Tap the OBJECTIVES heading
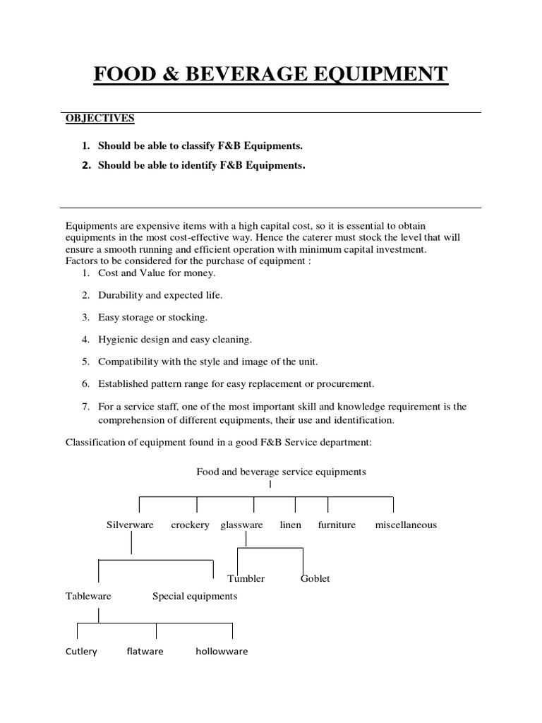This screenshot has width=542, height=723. pos(100,118)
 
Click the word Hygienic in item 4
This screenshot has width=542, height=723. pos(117,340)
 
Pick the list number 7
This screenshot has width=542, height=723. pos(85,407)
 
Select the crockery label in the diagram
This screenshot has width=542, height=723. pos(190,525)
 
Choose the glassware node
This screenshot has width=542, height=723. pos(241,525)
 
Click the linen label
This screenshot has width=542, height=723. pos(291,525)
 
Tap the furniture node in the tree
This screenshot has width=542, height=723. pos(337,525)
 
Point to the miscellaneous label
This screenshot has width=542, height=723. pos(406,525)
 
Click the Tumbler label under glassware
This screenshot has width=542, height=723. pos(246,578)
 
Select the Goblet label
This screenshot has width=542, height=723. pos(315,578)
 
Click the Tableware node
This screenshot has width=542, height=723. pos(88,596)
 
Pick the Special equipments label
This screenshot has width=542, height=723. pos(195,596)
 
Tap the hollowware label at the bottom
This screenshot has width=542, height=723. pos(222,651)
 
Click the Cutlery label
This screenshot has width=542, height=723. pos(81,651)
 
